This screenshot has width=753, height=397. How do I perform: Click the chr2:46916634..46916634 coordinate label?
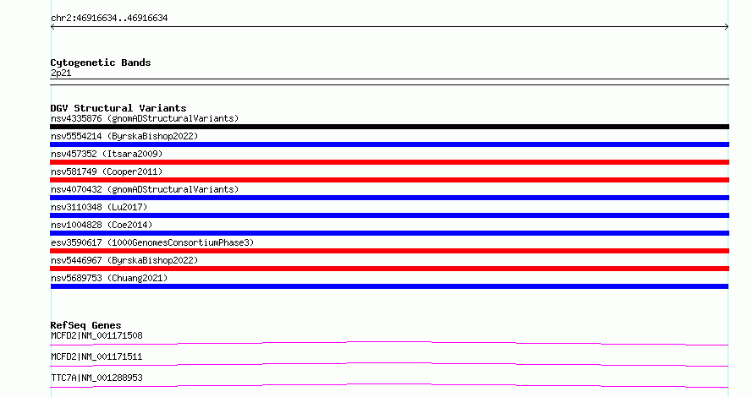pyautogui.click(x=109, y=19)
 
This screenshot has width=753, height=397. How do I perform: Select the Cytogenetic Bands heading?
pyautogui.click(x=101, y=63)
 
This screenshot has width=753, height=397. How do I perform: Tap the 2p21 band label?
pyautogui.click(x=61, y=73)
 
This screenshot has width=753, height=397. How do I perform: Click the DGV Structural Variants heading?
pyautogui.click(x=118, y=108)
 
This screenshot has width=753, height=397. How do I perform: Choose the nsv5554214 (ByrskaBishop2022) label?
pyautogui.click(x=124, y=136)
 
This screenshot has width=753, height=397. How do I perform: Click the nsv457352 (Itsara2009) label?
pyautogui.click(x=107, y=154)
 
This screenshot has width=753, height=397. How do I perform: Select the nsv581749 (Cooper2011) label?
pyautogui.click(x=107, y=171)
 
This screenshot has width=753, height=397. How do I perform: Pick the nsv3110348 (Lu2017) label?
pyautogui.click(x=99, y=207)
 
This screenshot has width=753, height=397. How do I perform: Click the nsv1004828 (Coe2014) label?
pyautogui.click(x=102, y=225)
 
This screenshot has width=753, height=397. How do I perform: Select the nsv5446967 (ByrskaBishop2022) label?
pyautogui.click(x=124, y=260)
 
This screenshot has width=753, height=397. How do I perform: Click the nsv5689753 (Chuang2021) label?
pyautogui.click(x=109, y=278)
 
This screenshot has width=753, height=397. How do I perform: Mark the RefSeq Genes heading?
pyautogui.click(x=85, y=325)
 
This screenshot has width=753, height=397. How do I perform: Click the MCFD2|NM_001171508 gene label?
pyautogui.click(x=96, y=335)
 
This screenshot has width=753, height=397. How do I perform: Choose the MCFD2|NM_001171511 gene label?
pyautogui.click(x=96, y=356)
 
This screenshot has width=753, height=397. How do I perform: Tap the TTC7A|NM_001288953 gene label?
pyautogui.click(x=96, y=378)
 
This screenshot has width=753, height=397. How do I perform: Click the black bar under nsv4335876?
pyautogui.click(x=389, y=127)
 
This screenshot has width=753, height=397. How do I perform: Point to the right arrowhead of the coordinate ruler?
pyautogui.click(x=727, y=27)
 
